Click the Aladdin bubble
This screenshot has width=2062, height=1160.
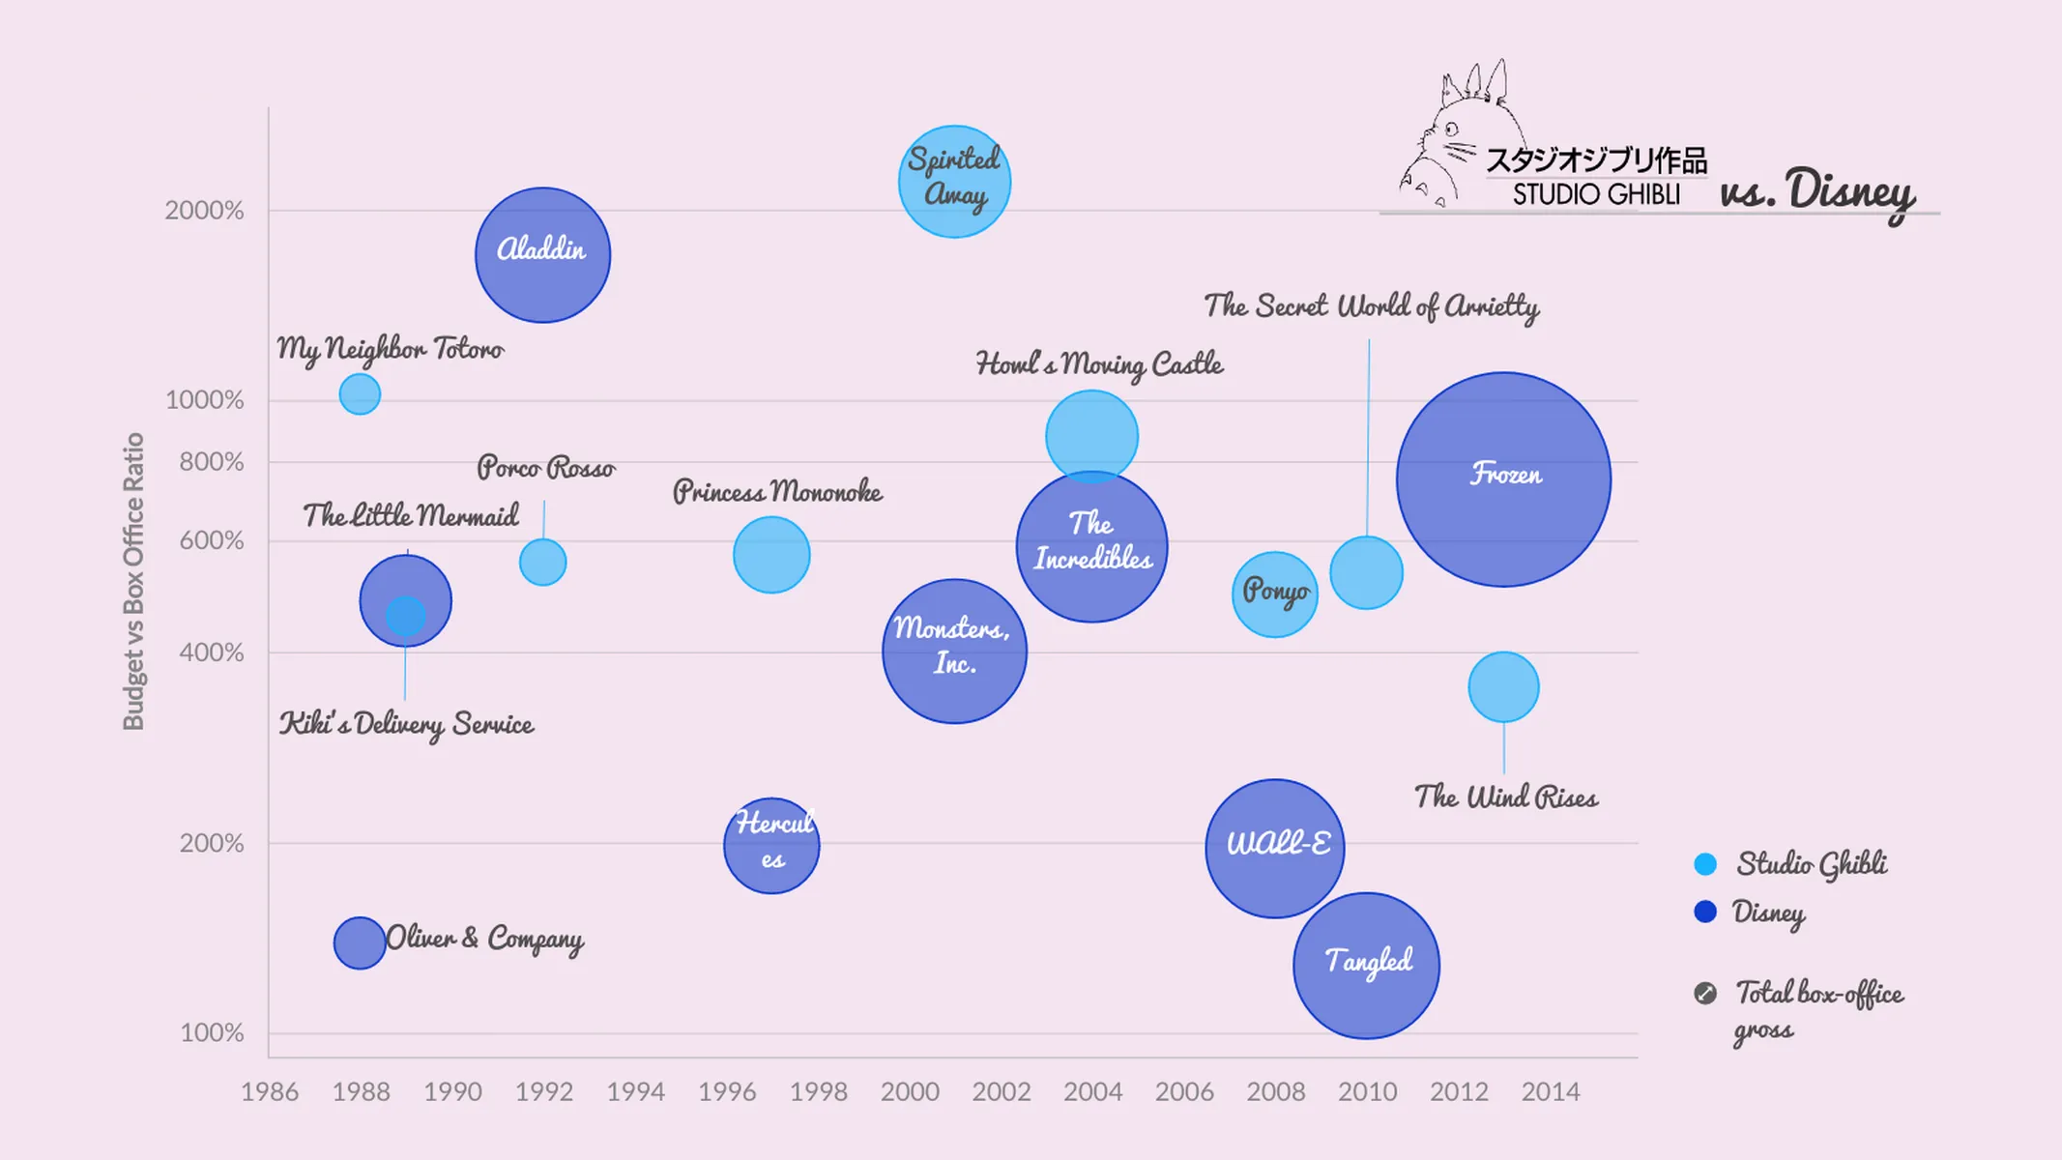pyautogui.click(x=542, y=254)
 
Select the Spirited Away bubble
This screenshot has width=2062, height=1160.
pyautogui.click(x=954, y=182)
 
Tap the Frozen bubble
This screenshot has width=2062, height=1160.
pyautogui.click(x=1503, y=479)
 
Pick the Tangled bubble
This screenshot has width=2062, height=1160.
pyautogui.click(x=1366, y=965)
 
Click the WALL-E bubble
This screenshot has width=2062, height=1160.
pyautogui.click(x=1274, y=848)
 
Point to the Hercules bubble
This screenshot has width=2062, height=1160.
pyautogui.click(x=771, y=846)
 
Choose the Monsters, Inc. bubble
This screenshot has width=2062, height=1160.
pyautogui.click(x=954, y=651)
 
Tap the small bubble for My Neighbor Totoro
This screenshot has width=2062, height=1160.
pyautogui.click(x=360, y=394)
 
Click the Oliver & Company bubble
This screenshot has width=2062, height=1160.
pyautogui.click(x=359, y=942)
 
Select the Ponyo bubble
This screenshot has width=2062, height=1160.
pyautogui.click(x=1274, y=594)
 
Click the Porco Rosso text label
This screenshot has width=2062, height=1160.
pyautogui.click(x=545, y=468)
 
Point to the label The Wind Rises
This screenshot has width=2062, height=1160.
pyautogui.click(x=1505, y=797)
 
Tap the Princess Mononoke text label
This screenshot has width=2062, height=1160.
pyautogui.click(x=777, y=491)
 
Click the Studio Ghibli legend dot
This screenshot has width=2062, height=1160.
pyautogui.click(x=1705, y=864)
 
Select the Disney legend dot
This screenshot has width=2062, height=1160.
pyautogui.click(x=1705, y=912)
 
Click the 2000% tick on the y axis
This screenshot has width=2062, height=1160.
pyautogui.click(x=204, y=210)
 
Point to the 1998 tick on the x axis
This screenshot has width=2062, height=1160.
pyautogui.click(x=818, y=1091)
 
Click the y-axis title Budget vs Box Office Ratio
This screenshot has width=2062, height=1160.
pyautogui.click(x=133, y=581)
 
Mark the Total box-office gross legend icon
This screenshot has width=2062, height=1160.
pyautogui.click(x=1705, y=993)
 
